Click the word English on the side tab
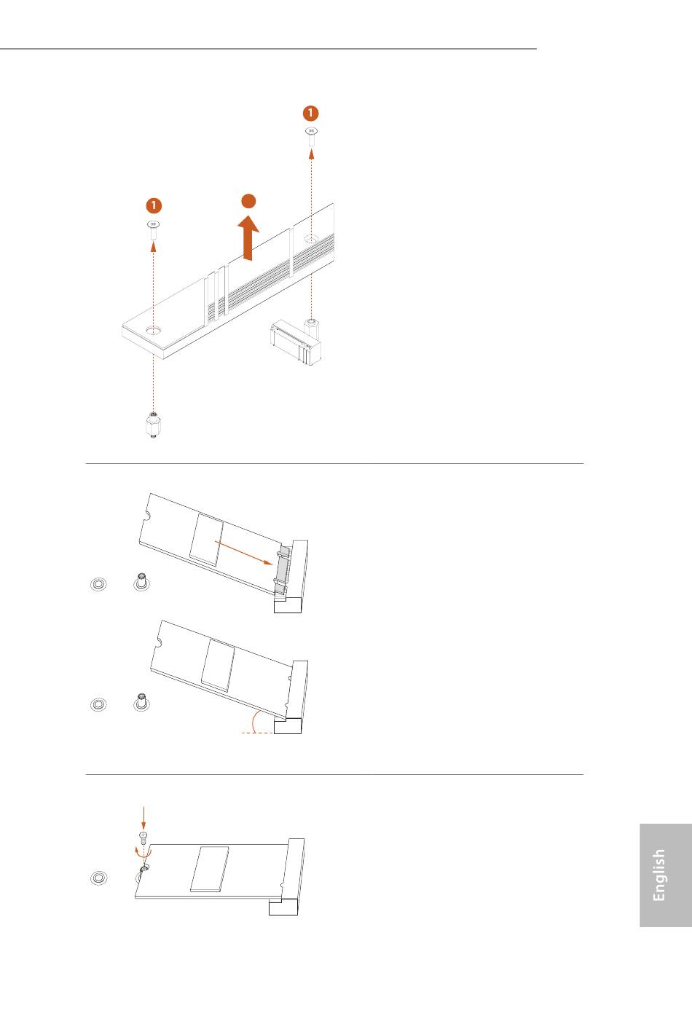(x=658, y=875)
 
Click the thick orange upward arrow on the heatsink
(x=248, y=238)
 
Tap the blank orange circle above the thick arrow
(x=248, y=201)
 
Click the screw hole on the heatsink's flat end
(x=153, y=330)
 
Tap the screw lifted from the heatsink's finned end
(x=311, y=136)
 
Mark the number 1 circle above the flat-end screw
(x=154, y=205)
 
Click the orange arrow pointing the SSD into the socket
(x=244, y=552)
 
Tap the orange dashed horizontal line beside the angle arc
(x=257, y=733)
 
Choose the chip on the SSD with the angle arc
(x=218, y=665)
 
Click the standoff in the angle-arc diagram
(x=141, y=702)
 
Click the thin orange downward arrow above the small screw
(x=143, y=818)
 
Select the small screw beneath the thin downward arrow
(x=143, y=838)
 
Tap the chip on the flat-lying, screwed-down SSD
(x=209, y=870)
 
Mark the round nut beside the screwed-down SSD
(x=99, y=878)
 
